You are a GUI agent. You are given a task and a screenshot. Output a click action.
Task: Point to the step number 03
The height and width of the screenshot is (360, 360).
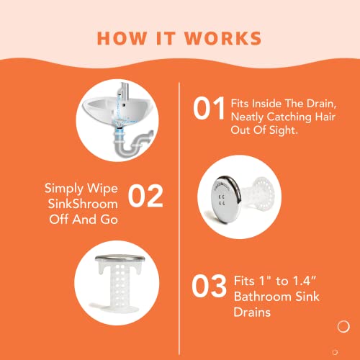210,285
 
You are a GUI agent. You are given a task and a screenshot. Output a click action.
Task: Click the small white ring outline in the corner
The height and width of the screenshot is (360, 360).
343,327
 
